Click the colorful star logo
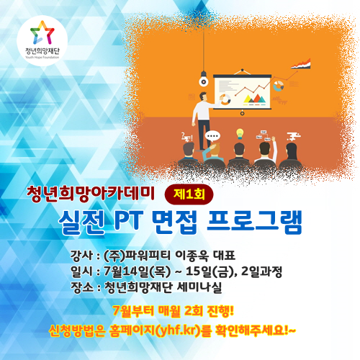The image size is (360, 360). coord(42,32)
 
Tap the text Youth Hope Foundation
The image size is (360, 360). coord(42,58)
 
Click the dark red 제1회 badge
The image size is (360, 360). coord(189,194)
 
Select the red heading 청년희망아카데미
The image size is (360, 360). coord(91,194)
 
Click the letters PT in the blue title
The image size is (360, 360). coord(128,220)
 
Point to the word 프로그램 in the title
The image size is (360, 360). coord(254,221)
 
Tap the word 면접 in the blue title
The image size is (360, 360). coord(174,221)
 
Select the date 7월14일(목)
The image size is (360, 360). coord(138,271)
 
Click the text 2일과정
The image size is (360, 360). coord(261,271)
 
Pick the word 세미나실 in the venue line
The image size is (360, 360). coord(199,287)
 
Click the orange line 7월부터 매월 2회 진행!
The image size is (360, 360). coord(173,311)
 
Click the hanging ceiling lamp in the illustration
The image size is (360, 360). coord(204,79)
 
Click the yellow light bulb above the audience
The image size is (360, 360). coord(240,134)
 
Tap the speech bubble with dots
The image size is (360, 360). coord(212,137)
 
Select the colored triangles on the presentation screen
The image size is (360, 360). coord(254,99)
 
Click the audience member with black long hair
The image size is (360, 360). coord(291,153)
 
